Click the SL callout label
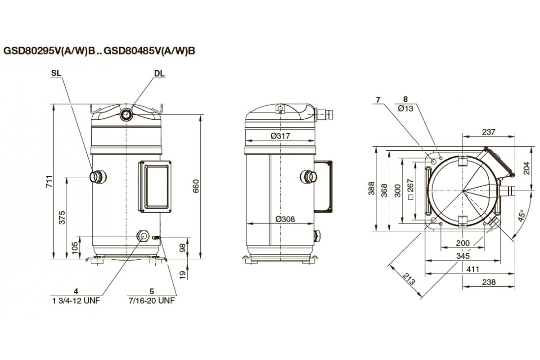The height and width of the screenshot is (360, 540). coord(56,73)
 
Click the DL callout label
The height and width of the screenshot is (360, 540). coord(159,73)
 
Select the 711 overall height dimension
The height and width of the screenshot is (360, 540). coord(49,181)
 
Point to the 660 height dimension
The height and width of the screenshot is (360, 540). coord(196,186)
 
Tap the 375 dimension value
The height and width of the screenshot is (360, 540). coord(62,217)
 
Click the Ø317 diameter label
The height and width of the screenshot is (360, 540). coord(280,136)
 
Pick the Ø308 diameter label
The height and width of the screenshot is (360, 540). coord(285,219)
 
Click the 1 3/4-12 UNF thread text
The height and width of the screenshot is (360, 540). coord(76,301)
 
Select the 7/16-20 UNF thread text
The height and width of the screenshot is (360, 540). coord(152,301)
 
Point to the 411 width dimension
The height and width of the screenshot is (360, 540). coord(472,269)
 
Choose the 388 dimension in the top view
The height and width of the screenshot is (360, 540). coord(372,188)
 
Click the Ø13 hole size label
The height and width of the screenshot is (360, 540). coord(405,108)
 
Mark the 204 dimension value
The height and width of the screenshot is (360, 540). coord(527,168)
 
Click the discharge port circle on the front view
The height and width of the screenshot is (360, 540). coord(126,114)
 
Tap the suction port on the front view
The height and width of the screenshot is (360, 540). coord(97,177)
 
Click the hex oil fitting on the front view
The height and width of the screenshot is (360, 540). coord(143,236)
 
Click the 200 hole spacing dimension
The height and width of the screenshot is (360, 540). coord(463,243)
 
